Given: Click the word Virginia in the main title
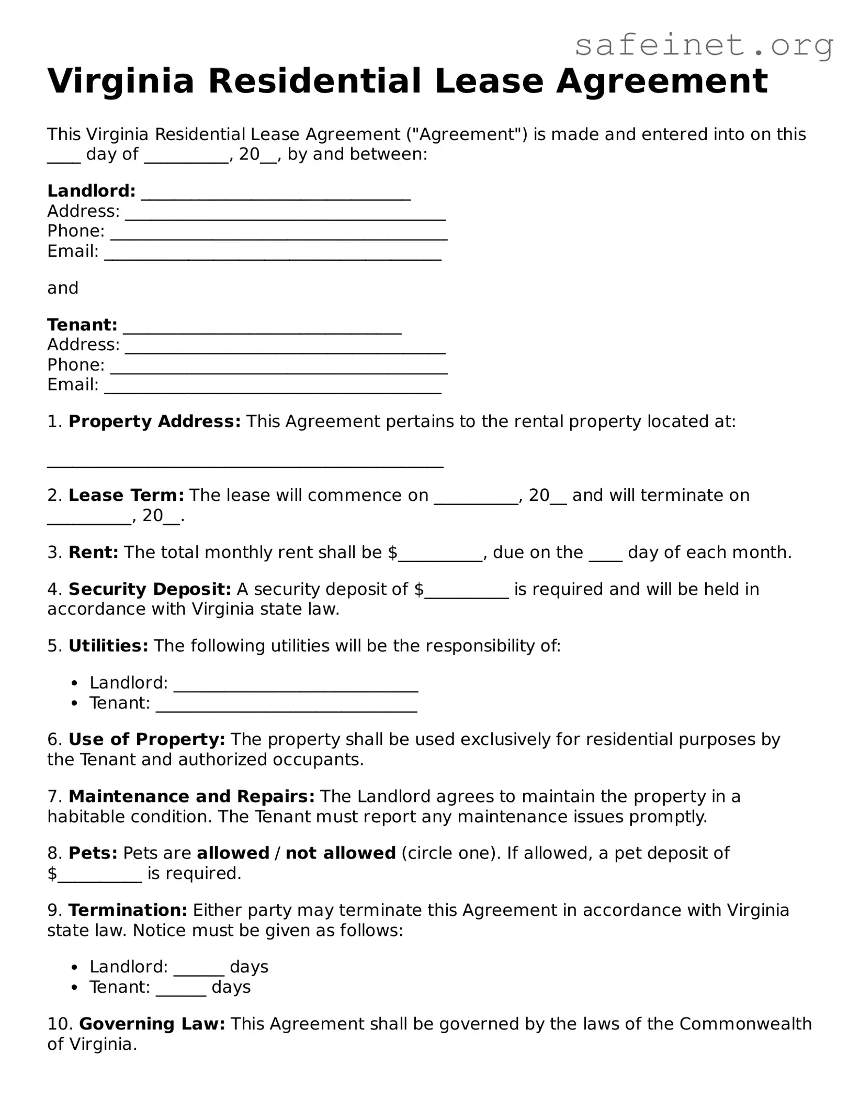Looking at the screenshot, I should (121, 82).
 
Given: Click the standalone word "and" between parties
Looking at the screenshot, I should (63, 288).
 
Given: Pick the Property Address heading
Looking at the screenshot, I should (154, 421).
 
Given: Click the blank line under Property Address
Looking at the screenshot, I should (245, 465).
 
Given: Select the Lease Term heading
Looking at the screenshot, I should (126, 495).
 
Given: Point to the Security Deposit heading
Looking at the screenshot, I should (150, 589).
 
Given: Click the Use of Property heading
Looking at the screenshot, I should (146, 739).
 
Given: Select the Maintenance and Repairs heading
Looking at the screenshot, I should (191, 796).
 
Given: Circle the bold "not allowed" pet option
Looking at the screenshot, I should (341, 853).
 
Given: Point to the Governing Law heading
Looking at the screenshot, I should (152, 1024).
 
